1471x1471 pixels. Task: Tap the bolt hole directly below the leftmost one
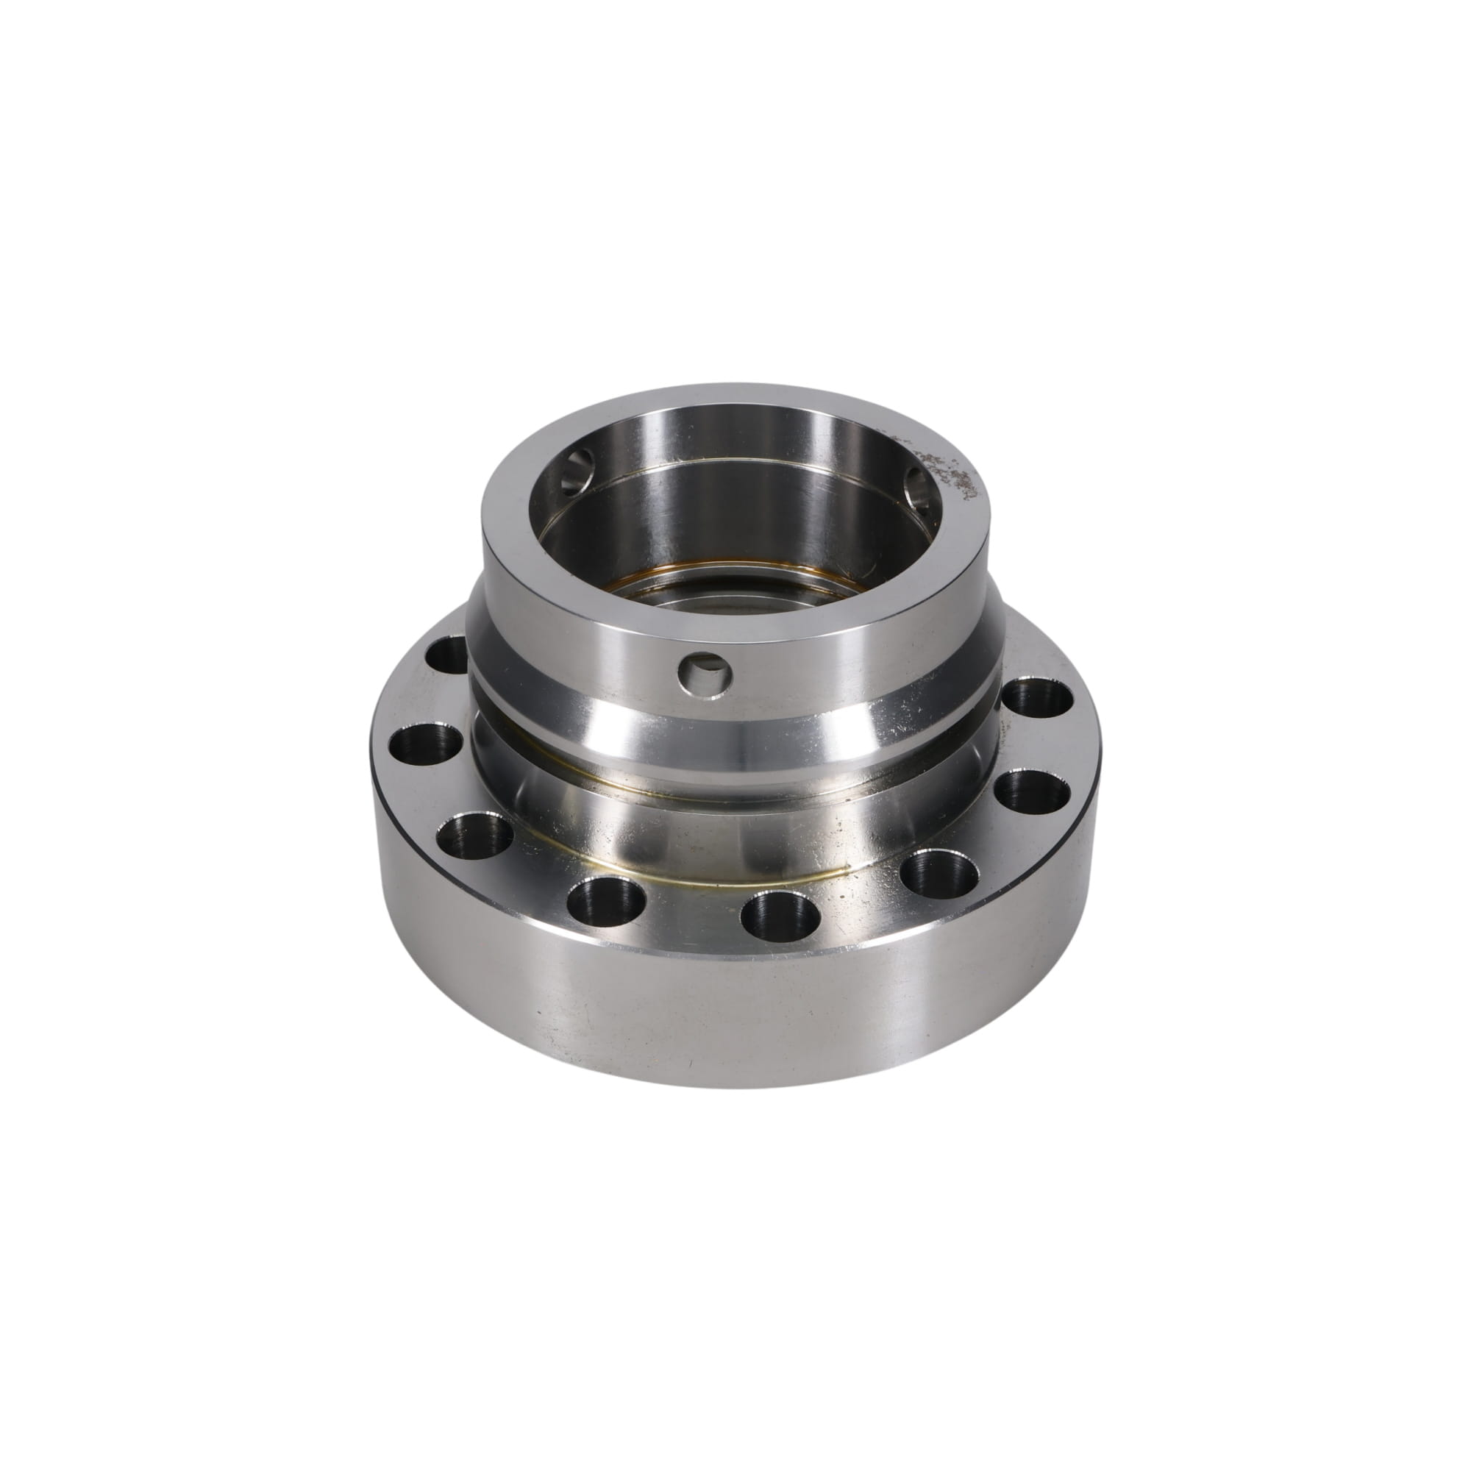pyautogui.click(x=474, y=836)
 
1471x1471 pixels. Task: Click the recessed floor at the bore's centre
pyautogui.click(x=731, y=605)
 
